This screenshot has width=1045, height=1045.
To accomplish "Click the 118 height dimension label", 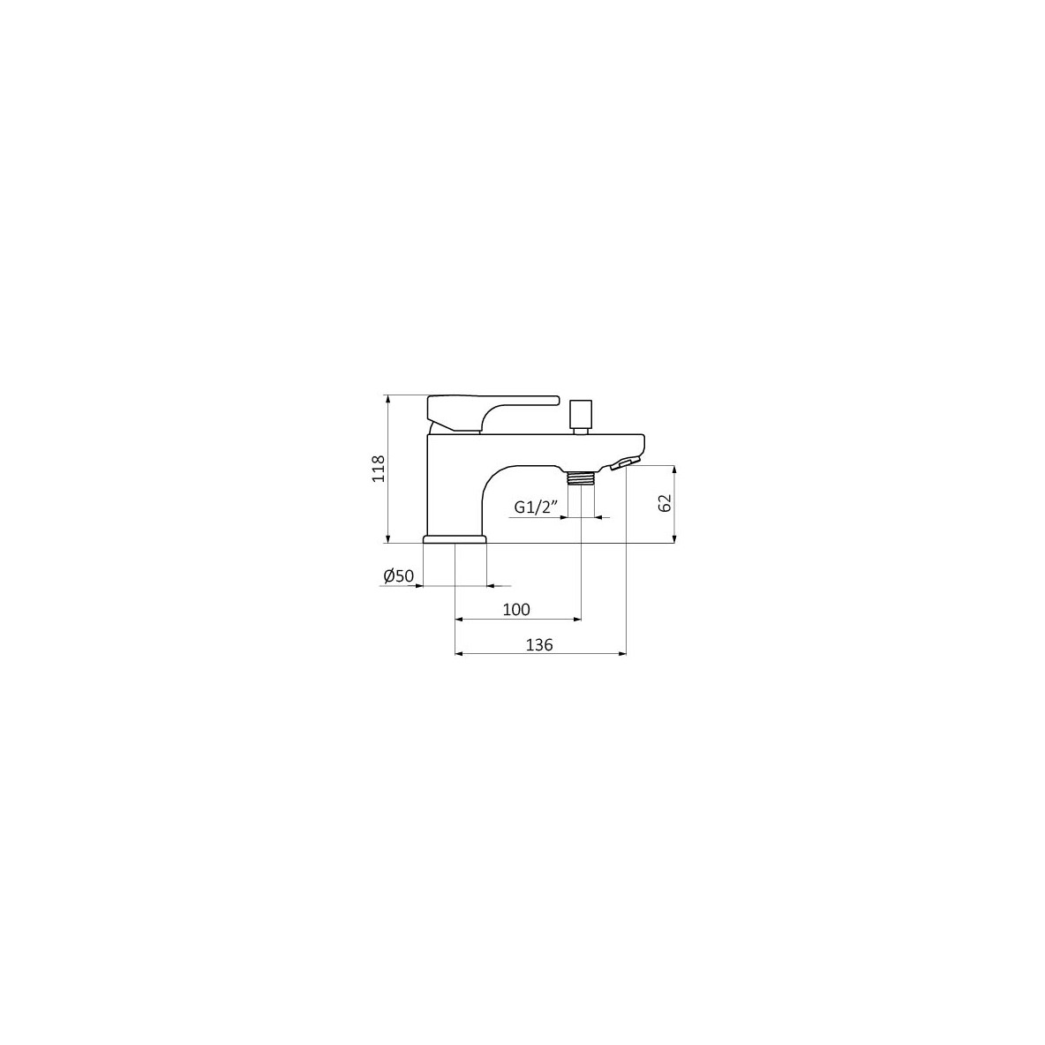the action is [379, 469].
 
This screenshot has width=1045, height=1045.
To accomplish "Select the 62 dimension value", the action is [665, 503].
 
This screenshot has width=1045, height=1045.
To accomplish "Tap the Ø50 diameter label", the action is [399, 575].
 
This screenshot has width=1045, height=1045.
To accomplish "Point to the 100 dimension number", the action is [516, 609].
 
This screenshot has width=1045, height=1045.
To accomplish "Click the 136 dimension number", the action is [539, 644].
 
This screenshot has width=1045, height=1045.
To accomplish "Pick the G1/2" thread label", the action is [536, 507].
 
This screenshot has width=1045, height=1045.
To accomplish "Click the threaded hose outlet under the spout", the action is [581, 477].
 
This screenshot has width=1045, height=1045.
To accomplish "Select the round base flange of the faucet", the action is [455, 539].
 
